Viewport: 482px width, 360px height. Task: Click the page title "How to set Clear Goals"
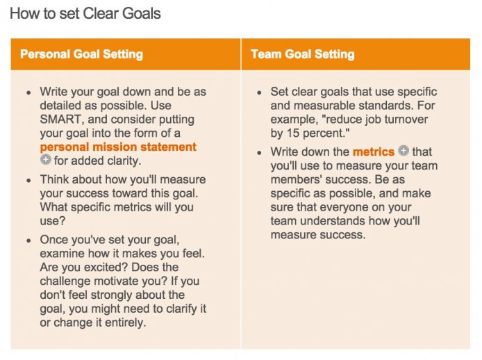pyautogui.click(x=85, y=13)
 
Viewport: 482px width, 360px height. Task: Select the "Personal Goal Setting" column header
pyautogui.click(x=81, y=54)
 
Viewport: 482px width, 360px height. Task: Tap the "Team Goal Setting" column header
pyautogui.click(x=303, y=54)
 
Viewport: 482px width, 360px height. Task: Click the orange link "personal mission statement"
pyautogui.click(x=118, y=147)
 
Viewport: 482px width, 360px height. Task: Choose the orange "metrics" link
pyautogui.click(x=373, y=152)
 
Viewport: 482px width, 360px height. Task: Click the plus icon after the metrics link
pyautogui.click(x=404, y=151)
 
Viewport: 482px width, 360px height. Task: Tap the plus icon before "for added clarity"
pyautogui.click(x=46, y=160)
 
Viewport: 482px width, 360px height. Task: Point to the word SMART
pyautogui.click(x=60, y=120)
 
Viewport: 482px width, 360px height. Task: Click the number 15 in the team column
pyautogui.click(x=293, y=133)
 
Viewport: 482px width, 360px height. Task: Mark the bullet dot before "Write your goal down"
pyautogui.click(x=28, y=92)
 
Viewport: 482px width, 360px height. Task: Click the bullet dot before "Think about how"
pyautogui.click(x=28, y=180)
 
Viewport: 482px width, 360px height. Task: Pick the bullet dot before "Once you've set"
pyautogui.click(x=28, y=240)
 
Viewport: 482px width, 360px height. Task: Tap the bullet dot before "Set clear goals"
pyautogui.click(x=260, y=92)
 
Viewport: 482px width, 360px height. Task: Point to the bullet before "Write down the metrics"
pyautogui.click(x=260, y=152)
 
